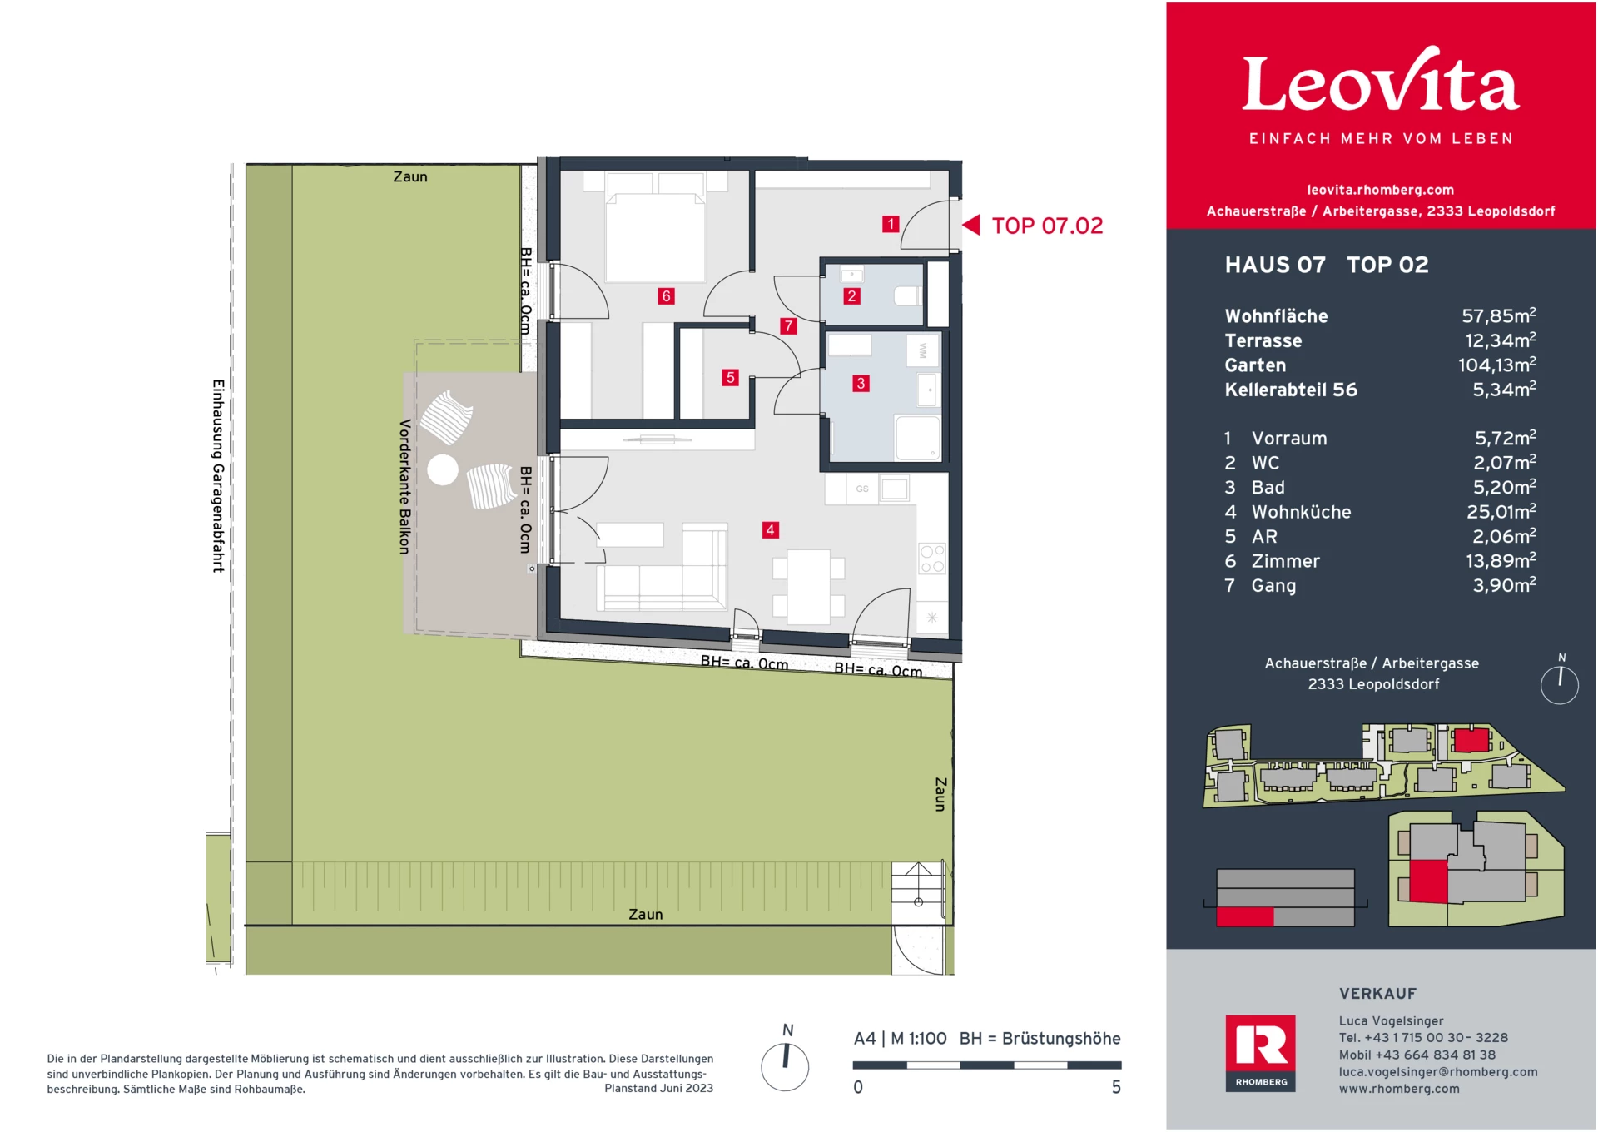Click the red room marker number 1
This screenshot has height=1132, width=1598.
tap(891, 224)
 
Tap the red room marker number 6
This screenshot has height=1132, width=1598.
tap(666, 295)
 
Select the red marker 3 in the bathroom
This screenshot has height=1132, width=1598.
tap(861, 383)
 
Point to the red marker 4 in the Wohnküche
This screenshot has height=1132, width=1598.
tap(771, 529)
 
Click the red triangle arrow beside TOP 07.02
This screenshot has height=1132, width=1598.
tap(971, 225)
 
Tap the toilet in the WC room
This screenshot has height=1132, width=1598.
tap(908, 295)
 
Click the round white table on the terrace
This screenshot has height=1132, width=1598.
tap(443, 470)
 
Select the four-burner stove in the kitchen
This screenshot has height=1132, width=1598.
tap(932, 559)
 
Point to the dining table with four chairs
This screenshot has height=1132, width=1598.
tap(809, 587)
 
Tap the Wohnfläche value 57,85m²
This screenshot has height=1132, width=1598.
tap(1499, 315)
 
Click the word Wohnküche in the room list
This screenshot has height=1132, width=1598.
tap(1301, 512)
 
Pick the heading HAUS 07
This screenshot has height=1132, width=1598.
tap(1275, 265)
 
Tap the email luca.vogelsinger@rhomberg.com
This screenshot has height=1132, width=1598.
tap(1438, 1072)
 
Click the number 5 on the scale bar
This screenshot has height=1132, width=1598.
tap(1116, 1087)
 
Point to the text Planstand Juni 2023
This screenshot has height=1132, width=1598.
tap(658, 1089)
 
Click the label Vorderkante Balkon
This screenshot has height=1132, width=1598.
tap(405, 487)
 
